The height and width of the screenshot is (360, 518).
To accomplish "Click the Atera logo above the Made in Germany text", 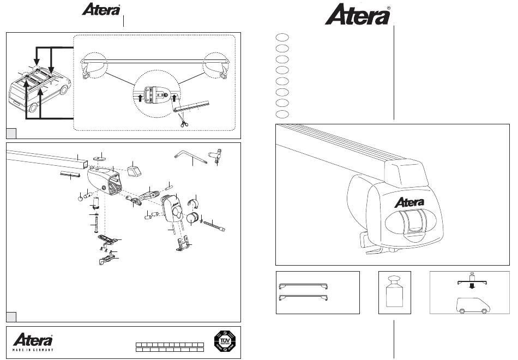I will (x=33, y=340).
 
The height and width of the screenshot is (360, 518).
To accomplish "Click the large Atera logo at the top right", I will (x=358, y=15).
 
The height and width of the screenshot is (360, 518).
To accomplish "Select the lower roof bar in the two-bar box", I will (x=303, y=298).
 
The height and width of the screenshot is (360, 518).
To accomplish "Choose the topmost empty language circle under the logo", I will (x=281, y=37).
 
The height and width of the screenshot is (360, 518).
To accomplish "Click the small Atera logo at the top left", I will (x=101, y=10).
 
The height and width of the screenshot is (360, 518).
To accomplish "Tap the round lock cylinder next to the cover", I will (x=193, y=219).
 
